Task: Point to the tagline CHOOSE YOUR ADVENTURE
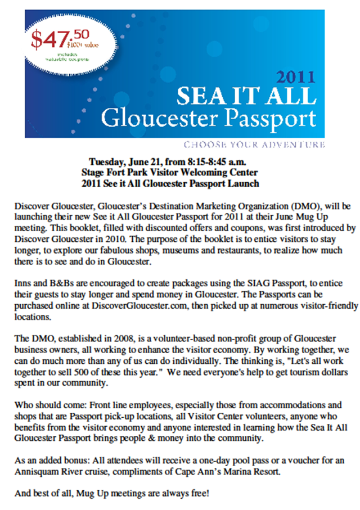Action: click(x=254, y=145)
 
